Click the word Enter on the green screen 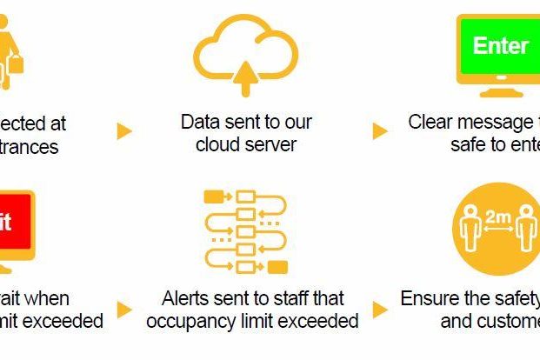(500, 45)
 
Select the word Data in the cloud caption (200, 122)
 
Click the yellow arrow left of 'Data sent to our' (124, 131)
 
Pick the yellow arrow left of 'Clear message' (380, 131)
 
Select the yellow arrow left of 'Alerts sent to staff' (124, 310)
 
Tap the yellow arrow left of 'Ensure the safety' (380, 310)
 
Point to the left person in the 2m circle (470, 230)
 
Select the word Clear (430, 122)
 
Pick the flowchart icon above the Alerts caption (245, 230)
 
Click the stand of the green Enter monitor (496, 90)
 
